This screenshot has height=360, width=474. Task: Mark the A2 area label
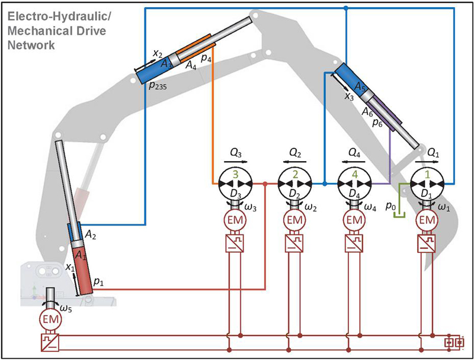coord(89,235)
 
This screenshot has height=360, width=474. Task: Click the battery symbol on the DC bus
coord(457,342)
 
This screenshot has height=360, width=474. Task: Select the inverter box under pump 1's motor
coord(424,244)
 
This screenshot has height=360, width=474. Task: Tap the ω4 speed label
coord(370,208)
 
